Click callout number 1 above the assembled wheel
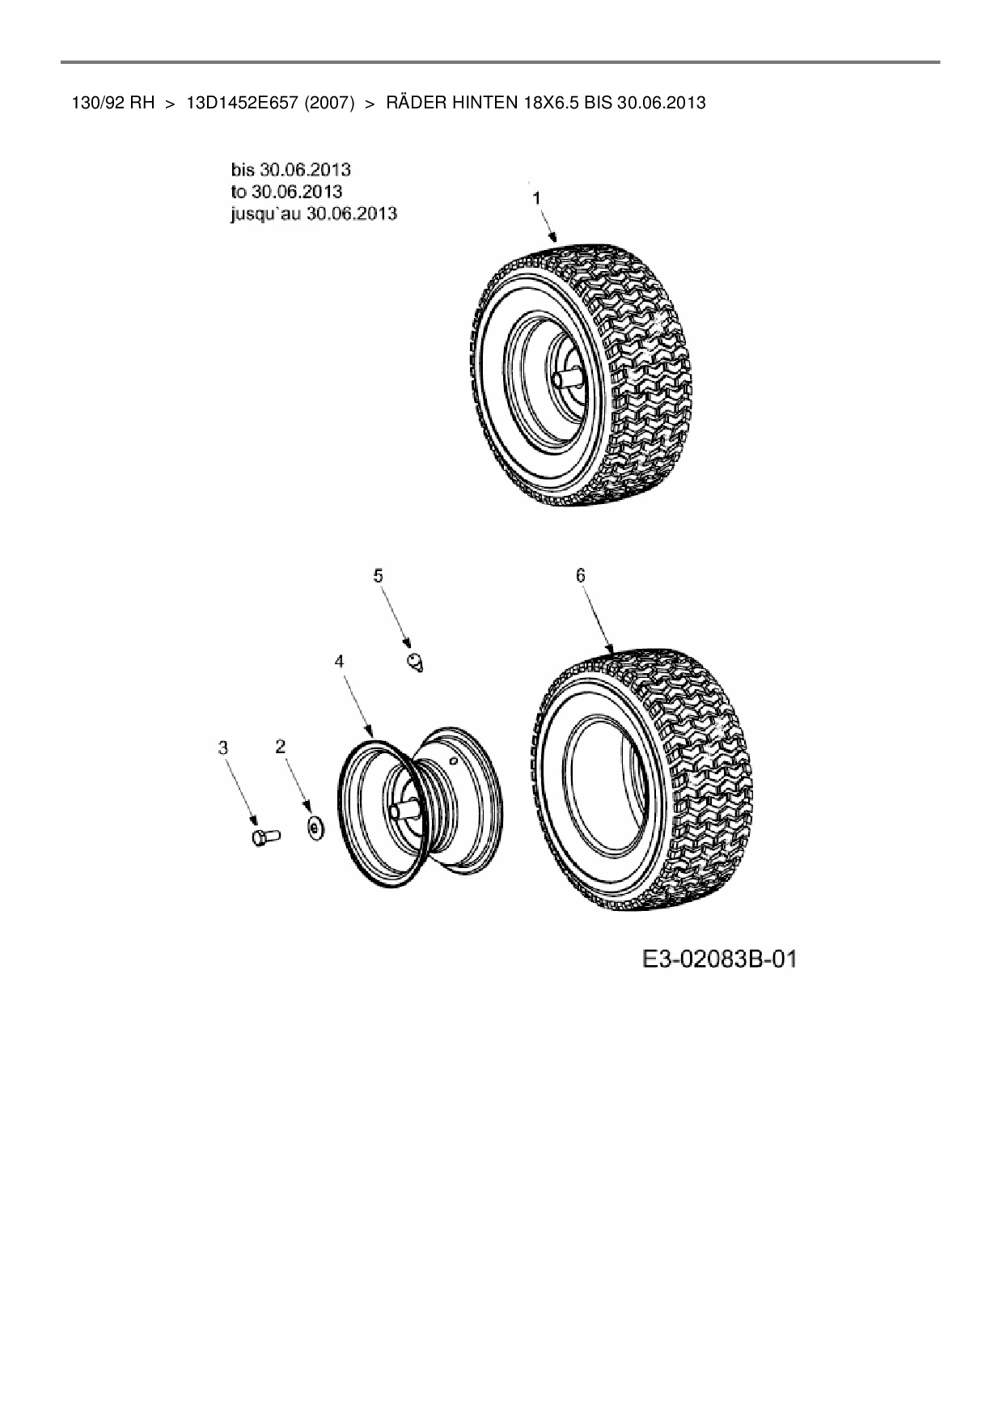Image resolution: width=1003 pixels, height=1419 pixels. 535,197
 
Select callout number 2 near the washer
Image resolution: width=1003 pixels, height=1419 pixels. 281,747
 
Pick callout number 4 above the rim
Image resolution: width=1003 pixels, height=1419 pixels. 340,661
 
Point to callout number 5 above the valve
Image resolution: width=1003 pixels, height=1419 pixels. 378,575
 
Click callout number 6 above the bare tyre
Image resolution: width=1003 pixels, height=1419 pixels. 580,575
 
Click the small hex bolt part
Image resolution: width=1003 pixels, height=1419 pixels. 264,837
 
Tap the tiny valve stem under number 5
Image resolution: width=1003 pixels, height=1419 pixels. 416,663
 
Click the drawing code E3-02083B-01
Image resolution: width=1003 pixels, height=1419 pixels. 718,959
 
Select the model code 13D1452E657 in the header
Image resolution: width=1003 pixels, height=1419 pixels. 237,103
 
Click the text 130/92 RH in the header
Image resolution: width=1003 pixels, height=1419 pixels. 112,103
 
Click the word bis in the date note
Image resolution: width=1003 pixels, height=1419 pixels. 243,169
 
